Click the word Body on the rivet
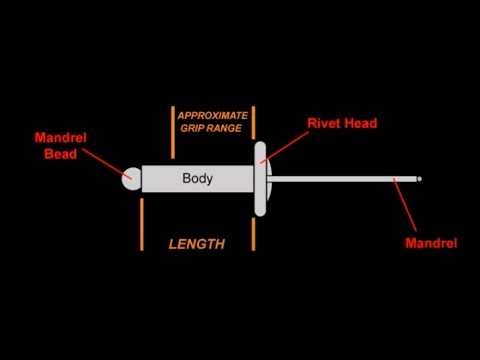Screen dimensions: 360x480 click(198, 179)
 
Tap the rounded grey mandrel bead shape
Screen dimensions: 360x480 click(131, 179)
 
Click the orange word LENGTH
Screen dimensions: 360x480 click(196, 244)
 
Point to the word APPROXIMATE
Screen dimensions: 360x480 click(212, 116)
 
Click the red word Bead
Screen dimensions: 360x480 click(61, 154)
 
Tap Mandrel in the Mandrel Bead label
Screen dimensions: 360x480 click(60, 138)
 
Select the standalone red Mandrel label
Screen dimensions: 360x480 click(431, 243)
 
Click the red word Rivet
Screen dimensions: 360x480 click(324, 121)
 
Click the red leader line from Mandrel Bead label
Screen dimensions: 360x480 click(105, 160)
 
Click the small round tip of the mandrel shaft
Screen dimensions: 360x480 click(419, 179)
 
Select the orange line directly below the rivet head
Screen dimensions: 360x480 click(254, 235)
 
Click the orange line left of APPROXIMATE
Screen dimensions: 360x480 click(173, 125)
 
